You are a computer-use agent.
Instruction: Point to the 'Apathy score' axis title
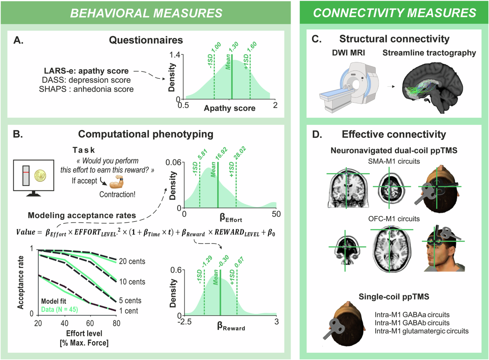230,108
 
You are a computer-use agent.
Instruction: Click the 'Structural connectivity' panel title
394,39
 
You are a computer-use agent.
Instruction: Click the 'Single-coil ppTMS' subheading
394,296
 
